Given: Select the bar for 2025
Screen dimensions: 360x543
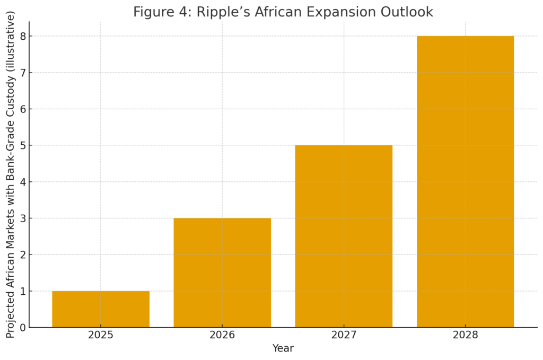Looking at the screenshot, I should pos(101,309).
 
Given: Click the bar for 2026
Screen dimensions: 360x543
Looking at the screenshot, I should pos(222,273).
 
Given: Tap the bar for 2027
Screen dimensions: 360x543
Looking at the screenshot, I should pos(344,236).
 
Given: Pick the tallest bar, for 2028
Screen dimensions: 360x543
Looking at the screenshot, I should pos(465,181).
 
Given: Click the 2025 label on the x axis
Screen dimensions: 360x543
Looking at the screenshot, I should pos(101,335).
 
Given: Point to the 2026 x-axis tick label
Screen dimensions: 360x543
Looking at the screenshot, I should pos(222,335).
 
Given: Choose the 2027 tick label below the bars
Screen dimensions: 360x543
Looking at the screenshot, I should pos(344,335).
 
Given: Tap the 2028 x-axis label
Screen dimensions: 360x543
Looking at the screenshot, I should pos(465,335).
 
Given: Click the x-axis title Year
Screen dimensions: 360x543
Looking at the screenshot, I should pos(283,348).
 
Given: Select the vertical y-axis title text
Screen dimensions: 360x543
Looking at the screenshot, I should pos(11,174).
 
